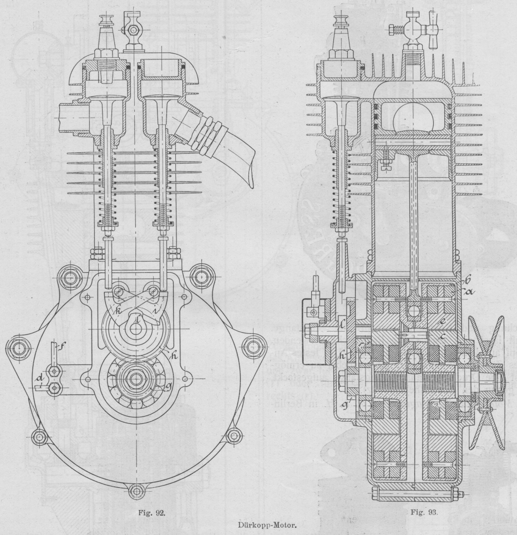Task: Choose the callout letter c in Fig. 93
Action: pyautogui.click(x=442, y=336)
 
